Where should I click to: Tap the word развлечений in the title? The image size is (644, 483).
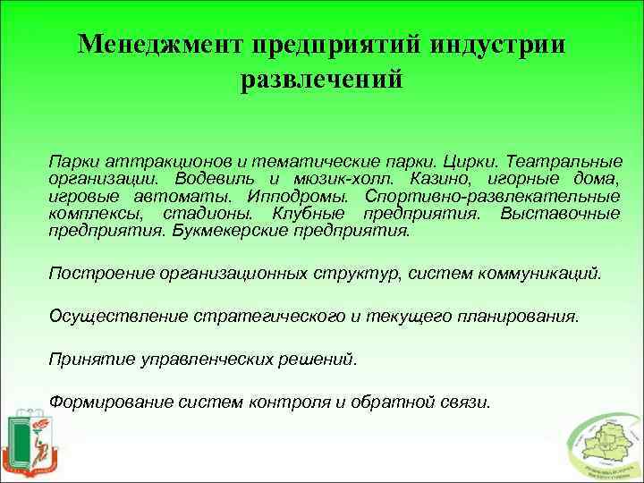322,80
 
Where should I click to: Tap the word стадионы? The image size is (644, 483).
211,213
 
